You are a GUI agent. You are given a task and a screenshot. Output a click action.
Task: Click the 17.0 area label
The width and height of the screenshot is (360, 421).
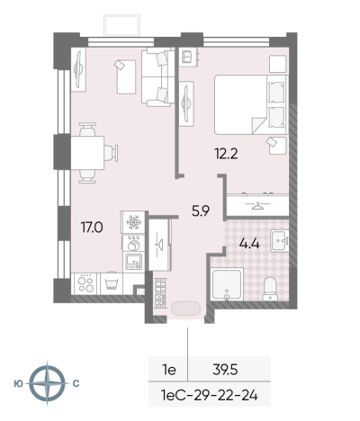pyautogui.click(x=92, y=228)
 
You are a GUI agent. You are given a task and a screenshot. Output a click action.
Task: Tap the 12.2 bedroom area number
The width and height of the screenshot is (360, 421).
pyautogui.click(x=226, y=154)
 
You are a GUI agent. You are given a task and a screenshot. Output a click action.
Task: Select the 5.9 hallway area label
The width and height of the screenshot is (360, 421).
pyautogui.click(x=201, y=211)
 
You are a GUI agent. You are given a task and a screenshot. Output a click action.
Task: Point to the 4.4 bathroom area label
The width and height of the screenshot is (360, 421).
pyautogui.click(x=249, y=244)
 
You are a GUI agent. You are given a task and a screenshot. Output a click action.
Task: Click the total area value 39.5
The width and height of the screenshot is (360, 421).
pyautogui.click(x=225, y=370)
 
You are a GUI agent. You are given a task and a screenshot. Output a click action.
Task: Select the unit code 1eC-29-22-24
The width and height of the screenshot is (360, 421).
pyautogui.click(x=210, y=396)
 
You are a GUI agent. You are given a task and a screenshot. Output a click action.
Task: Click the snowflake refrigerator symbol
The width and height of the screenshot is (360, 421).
pyautogui.click(x=133, y=222)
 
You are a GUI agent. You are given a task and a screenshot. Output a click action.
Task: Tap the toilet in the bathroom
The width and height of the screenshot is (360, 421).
pyautogui.click(x=270, y=289)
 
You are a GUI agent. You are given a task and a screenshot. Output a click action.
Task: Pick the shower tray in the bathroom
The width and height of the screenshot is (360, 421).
pyautogui.click(x=227, y=284)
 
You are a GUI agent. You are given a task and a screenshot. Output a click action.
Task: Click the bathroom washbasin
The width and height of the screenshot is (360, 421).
pyautogui.click(x=280, y=240)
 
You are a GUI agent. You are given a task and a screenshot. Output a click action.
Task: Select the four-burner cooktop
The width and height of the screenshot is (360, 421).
pyautogui.click(x=85, y=283)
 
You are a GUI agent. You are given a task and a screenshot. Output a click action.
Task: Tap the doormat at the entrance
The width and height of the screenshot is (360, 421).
pyautogui.click(x=185, y=309)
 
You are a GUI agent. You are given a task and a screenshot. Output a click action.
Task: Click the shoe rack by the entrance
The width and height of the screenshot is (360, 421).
pyautogui.click(x=159, y=293)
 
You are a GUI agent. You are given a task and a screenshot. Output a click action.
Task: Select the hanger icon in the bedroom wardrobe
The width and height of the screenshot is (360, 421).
pyautogui.click(x=257, y=205)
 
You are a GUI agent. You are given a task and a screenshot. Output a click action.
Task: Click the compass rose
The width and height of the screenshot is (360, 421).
pyautogui.click(x=47, y=383)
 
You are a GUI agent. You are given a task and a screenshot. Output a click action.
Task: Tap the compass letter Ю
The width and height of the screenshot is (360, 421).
pyautogui.click(x=18, y=383)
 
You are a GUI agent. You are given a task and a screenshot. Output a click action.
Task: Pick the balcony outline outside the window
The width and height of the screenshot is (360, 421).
pyautogui.click(x=121, y=25)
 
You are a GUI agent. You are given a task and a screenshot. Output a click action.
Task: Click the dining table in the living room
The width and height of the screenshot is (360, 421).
pyautogui.click(x=87, y=153)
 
